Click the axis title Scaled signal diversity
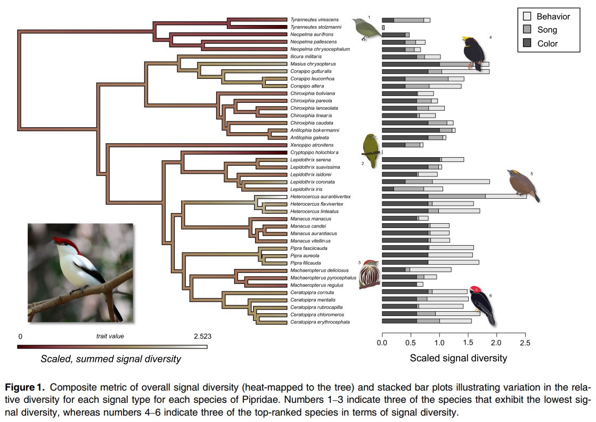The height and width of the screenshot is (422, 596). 458,358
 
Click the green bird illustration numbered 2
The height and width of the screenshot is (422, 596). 369,150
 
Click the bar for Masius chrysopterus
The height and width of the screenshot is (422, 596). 435,64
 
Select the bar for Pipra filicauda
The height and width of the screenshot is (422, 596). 430,262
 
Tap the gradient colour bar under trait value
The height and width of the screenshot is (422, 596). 112,347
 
